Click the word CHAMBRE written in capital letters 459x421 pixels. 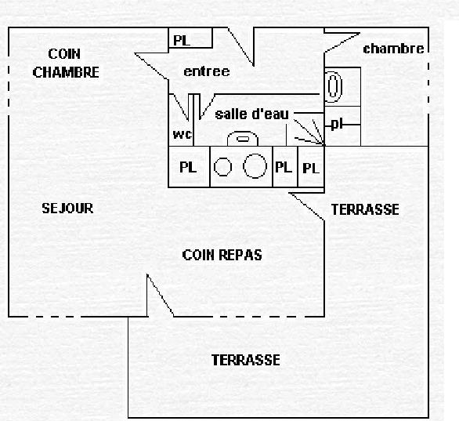(x=66, y=72)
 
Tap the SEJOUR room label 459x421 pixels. (x=67, y=209)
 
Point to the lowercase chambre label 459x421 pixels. (x=393, y=49)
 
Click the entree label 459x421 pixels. (x=207, y=71)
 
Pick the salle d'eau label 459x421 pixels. (x=251, y=114)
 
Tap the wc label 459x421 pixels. (x=183, y=134)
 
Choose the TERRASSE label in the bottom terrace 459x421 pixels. (x=246, y=360)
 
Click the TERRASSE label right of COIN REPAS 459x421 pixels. (x=365, y=209)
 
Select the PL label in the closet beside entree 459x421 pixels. (x=182, y=41)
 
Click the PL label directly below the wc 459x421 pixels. (x=188, y=167)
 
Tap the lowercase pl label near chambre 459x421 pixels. (x=337, y=124)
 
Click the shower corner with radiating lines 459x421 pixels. (x=310, y=132)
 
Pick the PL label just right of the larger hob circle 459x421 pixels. (x=284, y=167)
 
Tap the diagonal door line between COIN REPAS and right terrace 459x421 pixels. (x=306, y=206)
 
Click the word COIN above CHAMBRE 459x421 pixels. (x=64, y=54)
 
